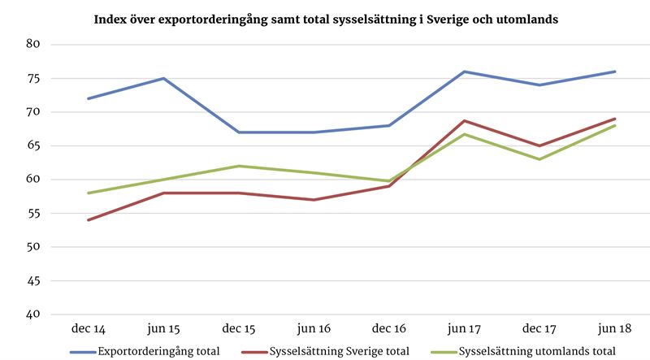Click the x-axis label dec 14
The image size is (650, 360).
coord(88,328)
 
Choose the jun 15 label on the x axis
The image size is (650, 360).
coord(163,328)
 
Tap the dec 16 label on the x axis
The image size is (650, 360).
coord(389,328)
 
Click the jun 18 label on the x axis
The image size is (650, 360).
coord(615,328)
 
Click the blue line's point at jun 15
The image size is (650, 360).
coord(163,78)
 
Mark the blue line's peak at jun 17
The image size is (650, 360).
coord(464,72)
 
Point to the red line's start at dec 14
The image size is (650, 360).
coord(88,219)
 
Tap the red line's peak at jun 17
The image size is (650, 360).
coord(464,120)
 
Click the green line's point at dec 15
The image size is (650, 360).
coord(239,166)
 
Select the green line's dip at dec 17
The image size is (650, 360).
coord(539,159)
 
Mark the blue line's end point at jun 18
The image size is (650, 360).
coord(615,72)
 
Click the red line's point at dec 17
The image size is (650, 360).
coord(539,145)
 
